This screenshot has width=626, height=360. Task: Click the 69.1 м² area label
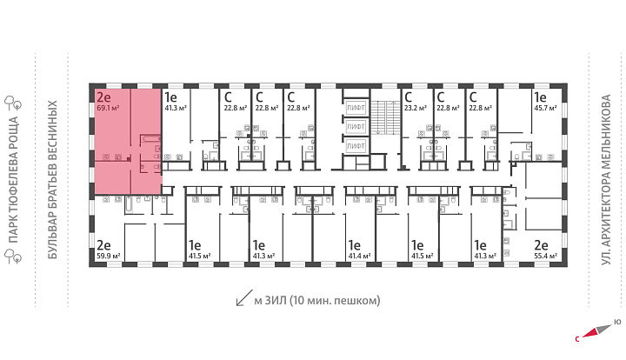pyautogui.click(x=108, y=108)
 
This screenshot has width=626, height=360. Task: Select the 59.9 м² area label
pyautogui.click(x=108, y=256)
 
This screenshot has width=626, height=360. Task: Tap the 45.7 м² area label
pyautogui.click(x=545, y=108)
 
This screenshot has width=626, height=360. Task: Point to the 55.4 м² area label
pyautogui.click(x=545, y=256)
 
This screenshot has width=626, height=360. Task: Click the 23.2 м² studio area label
pyautogui.click(x=416, y=108)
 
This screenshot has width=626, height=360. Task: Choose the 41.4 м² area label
pyautogui.click(x=359, y=256)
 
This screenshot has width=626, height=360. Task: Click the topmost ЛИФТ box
pyautogui.click(x=356, y=107)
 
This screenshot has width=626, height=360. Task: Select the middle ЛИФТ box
pyautogui.click(x=356, y=126)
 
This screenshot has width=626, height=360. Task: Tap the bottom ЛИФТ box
pyautogui.click(x=356, y=146)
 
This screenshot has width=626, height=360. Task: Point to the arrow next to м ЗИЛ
pyautogui.click(x=244, y=297)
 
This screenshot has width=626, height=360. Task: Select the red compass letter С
pyautogui.click(x=577, y=339)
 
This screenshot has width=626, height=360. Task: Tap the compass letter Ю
pyautogui.click(x=617, y=321)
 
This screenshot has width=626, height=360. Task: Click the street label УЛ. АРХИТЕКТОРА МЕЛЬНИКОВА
pyautogui.click(x=607, y=180)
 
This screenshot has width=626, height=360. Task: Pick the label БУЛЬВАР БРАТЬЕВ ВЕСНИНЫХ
pyautogui.click(x=53, y=180)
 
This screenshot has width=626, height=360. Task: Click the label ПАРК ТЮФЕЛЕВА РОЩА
pyautogui.click(x=14, y=180)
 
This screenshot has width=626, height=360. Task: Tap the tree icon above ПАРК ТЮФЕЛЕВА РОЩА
pyautogui.click(x=13, y=103)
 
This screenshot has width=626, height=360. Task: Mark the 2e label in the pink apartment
pyautogui.click(x=103, y=97)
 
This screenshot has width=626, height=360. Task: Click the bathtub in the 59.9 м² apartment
pyautogui.click(x=130, y=204)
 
